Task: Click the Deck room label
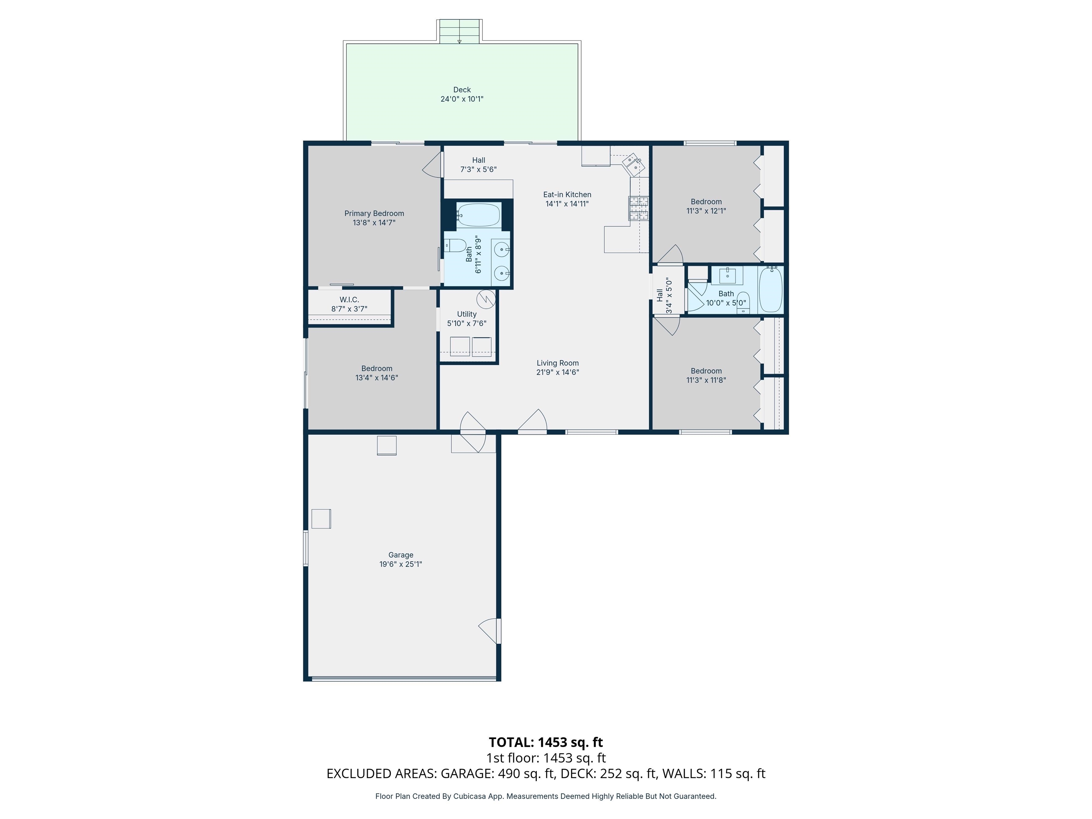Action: [x=462, y=90]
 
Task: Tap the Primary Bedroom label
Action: [x=374, y=213]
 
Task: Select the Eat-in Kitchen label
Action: [x=567, y=194]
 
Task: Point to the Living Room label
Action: [x=558, y=363]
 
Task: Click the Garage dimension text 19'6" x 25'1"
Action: [x=400, y=564]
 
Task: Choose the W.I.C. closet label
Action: [x=349, y=300]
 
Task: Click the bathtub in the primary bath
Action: [x=478, y=215]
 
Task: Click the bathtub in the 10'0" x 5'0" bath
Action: [x=771, y=289]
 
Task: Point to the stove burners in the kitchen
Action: [x=638, y=208]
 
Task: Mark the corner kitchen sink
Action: [x=633, y=164]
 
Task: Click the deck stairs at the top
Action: [x=460, y=31]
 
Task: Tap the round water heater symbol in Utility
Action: [x=486, y=299]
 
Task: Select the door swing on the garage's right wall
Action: [x=489, y=631]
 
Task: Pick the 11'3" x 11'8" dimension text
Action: [x=706, y=380]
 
